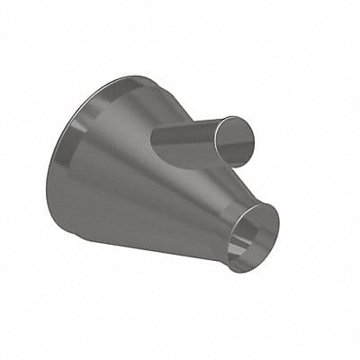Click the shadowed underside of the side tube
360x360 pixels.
[193, 162]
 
